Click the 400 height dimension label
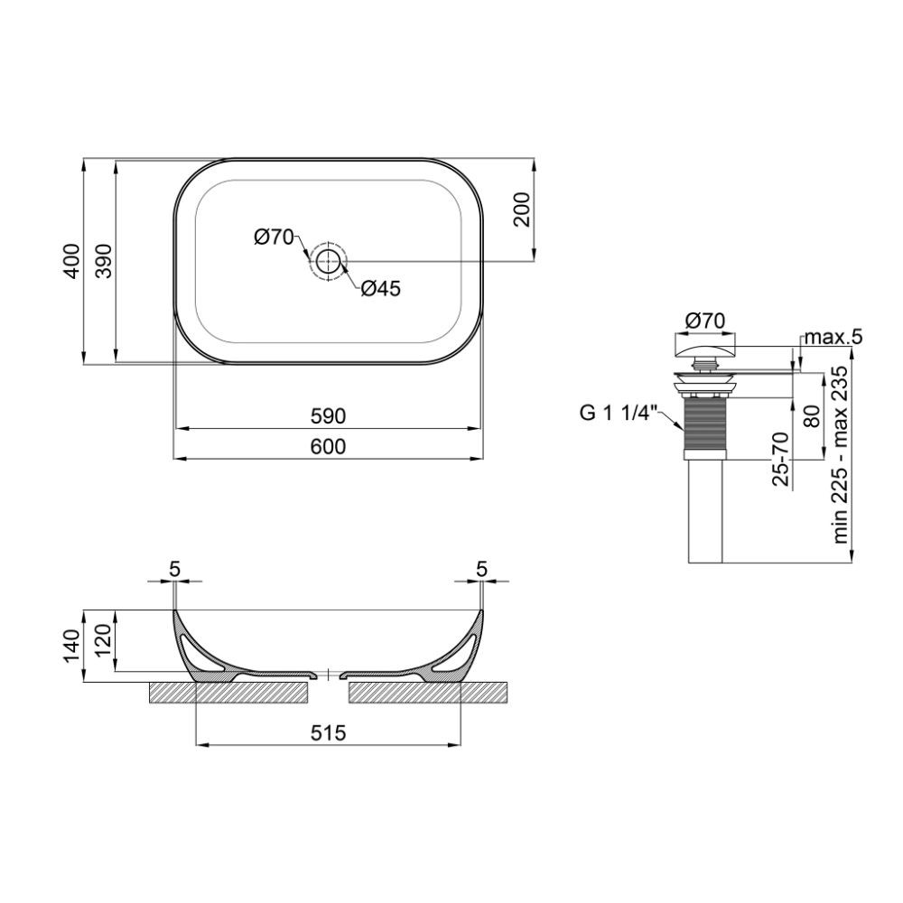(71, 261)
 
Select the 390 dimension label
(104, 261)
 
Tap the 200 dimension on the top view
(521, 209)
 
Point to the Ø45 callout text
(381, 288)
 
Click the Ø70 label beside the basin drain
(275, 237)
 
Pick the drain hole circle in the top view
(329, 261)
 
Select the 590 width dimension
(328, 415)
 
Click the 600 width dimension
(328, 446)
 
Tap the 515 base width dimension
(329, 732)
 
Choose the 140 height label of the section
(71, 647)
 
